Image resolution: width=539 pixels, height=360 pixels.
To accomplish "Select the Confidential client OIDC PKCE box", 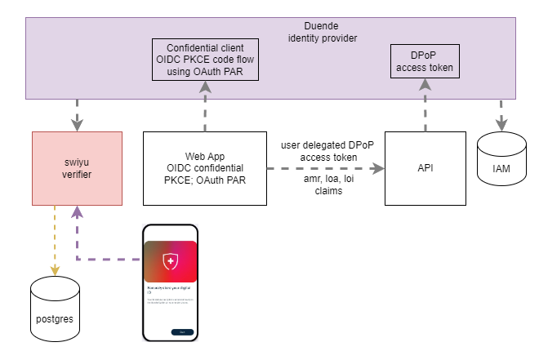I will (x=205, y=60).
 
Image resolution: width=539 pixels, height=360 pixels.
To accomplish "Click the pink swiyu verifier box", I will (x=78, y=167).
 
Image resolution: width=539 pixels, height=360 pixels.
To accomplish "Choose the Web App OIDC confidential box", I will (x=205, y=167).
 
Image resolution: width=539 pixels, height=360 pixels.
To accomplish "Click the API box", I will (x=424, y=167).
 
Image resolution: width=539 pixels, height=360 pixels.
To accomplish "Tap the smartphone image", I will (x=171, y=282).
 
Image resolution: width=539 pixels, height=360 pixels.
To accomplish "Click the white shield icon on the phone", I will (x=171, y=260).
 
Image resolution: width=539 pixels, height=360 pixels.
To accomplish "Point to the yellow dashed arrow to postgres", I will (x=56, y=237).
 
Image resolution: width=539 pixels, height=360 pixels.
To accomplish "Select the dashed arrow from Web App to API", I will (x=327, y=168).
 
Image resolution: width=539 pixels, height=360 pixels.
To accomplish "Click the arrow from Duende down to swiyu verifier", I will (x=78, y=114).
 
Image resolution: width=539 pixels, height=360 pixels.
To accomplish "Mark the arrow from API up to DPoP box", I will (x=424, y=106).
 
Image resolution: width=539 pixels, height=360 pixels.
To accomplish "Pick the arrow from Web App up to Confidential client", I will (x=205, y=106).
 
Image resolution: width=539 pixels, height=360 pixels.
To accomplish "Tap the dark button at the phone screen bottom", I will (x=181, y=331).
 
